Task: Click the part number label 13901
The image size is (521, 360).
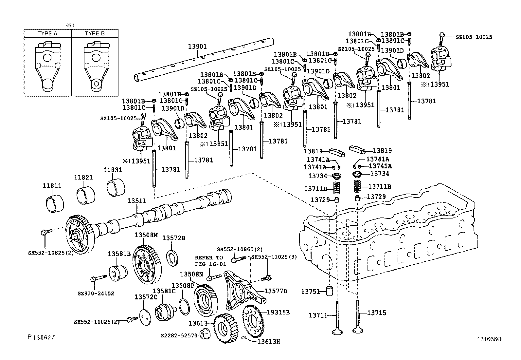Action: click(x=197, y=47)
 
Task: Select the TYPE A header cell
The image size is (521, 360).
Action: click(x=47, y=33)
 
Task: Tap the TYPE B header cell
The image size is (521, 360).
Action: click(x=95, y=33)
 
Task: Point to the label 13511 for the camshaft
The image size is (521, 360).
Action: click(x=137, y=201)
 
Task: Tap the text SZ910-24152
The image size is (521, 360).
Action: click(x=96, y=293)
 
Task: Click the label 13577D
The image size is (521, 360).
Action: click(x=276, y=291)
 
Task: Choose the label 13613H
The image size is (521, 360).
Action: click(x=268, y=342)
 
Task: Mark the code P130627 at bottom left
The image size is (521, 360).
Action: click(x=41, y=337)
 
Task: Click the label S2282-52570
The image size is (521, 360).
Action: click(x=179, y=336)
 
